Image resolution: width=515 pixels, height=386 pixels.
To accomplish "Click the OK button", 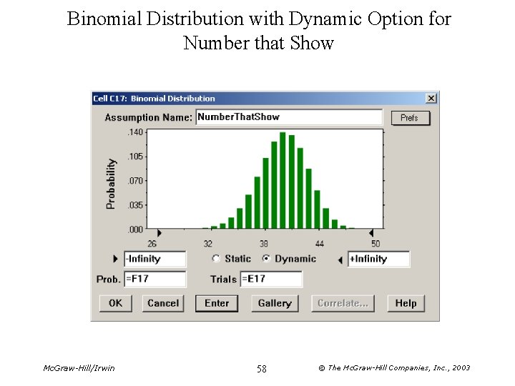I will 115,303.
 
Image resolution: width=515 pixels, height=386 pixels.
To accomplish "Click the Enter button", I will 217,303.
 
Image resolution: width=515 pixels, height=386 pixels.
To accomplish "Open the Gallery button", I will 275,303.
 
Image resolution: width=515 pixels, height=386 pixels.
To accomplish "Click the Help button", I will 406,303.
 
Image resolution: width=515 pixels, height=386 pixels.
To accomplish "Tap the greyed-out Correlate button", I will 343,303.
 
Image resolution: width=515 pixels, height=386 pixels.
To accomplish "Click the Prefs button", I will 410,117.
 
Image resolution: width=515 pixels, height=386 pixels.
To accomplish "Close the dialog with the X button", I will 431,98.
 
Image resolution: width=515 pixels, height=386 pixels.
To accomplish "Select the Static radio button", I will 216,259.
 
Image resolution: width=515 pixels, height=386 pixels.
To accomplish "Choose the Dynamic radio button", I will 266,259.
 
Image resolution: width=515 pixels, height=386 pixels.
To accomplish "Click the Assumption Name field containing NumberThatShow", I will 289,117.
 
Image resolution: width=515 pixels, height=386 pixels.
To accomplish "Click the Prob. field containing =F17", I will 154,279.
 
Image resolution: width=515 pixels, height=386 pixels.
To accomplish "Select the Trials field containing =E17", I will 271,279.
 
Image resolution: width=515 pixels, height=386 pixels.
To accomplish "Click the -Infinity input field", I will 154,259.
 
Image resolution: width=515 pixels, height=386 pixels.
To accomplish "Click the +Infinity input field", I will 378,259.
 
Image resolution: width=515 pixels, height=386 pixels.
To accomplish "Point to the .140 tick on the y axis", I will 134,132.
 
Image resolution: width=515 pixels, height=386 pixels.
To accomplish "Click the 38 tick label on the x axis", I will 264,244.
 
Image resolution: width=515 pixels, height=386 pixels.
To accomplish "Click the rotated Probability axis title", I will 111,184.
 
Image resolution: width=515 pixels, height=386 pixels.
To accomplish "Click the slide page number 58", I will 261,369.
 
